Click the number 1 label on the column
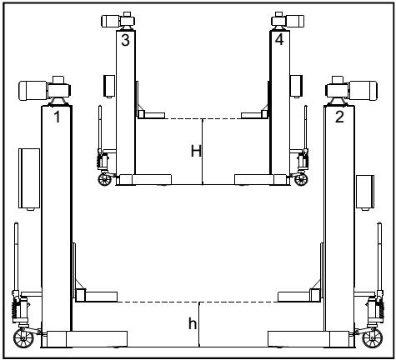[x=56, y=117]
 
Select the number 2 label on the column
[x=339, y=117]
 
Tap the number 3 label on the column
[x=125, y=40]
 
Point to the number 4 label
[x=278, y=40]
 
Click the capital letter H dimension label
[x=196, y=151]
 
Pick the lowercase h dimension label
[x=193, y=322]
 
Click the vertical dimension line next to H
[x=203, y=151]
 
